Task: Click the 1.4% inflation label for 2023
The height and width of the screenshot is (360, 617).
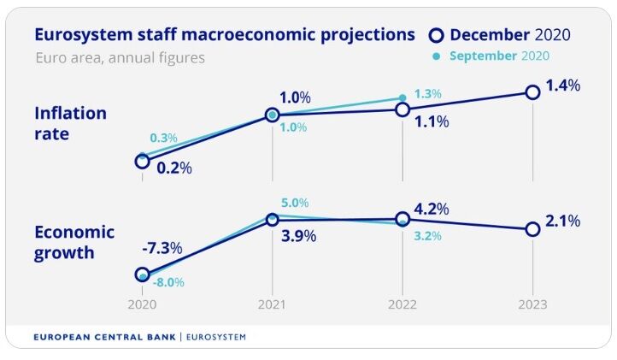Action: click(562, 86)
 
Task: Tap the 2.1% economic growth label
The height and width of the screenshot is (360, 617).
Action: click(562, 221)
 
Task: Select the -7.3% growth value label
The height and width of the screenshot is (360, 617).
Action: click(162, 248)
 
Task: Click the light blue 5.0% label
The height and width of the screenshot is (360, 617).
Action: click(294, 203)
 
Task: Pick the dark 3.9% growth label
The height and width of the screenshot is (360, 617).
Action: click(299, 235)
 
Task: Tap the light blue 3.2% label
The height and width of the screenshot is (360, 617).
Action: click(426, 236)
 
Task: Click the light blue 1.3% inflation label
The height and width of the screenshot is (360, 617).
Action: click(426, 93)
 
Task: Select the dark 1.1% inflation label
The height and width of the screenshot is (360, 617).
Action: click(432, 121)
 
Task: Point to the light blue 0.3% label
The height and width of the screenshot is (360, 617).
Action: click(164, 138)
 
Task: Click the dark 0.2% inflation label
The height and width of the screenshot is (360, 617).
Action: click(173, 168)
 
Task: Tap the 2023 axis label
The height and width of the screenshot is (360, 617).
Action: click(532, 304)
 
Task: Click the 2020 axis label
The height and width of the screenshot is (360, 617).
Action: click(142, 304)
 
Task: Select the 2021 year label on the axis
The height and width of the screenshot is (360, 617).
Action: click(272, 304)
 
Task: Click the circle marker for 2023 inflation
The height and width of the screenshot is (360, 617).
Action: click(532, 91)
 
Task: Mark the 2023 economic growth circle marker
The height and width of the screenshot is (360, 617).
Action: click(532, 229)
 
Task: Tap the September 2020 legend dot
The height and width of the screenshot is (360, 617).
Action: click(437, 56)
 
